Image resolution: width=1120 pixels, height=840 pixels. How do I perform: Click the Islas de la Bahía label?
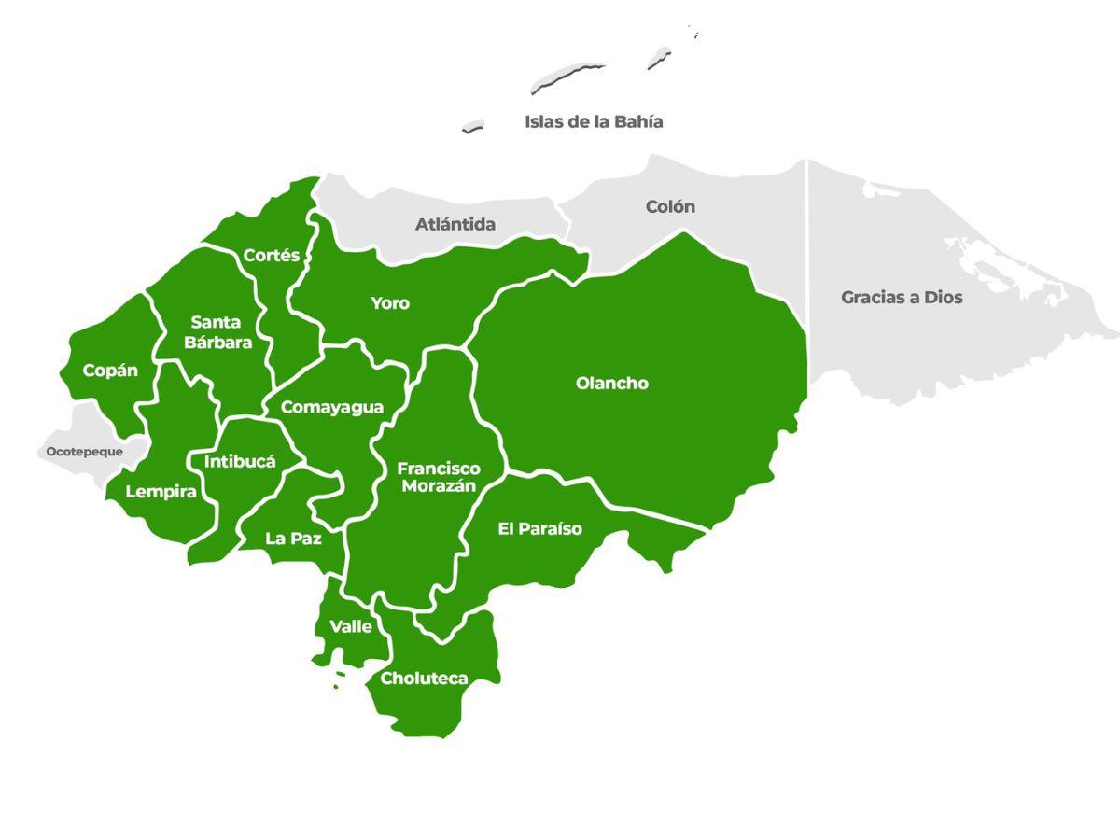(x=594, y=121)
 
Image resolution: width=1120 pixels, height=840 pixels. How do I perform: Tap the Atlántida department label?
(x=455, y=224)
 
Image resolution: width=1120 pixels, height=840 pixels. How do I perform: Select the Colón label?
(x=670, y=206)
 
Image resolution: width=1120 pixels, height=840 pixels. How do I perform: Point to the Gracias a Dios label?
(x=902, y=297)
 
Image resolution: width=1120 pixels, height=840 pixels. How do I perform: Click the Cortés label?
(x=272, y=255)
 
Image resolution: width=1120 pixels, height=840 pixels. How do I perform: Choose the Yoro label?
(x=390, y=303)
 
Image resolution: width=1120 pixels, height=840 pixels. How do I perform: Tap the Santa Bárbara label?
(x=217, y=332)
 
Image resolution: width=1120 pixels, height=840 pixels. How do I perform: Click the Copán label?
(x=110, y=371)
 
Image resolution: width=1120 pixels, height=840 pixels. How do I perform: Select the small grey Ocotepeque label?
(x=85, y=452)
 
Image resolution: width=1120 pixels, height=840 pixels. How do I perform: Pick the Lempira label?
(x=161, y=492)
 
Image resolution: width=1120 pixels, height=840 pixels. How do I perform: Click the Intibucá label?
(x=240, y=461)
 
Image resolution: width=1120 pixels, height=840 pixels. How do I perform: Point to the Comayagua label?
(x=331, y=407)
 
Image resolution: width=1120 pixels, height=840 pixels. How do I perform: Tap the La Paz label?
(x=293, y=538)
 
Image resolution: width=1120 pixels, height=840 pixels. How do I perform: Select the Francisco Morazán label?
(x=438, y=477)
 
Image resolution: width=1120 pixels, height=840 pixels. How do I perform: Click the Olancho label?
(x=611, y=383)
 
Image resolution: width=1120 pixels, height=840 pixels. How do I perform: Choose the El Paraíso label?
(x=539, y=529)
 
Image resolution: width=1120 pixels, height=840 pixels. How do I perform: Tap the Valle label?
(x=351, y=626)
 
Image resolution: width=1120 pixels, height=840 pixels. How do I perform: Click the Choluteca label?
(x=424, y=679)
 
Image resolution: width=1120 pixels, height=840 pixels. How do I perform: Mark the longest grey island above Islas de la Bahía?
(x=567, y=77)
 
